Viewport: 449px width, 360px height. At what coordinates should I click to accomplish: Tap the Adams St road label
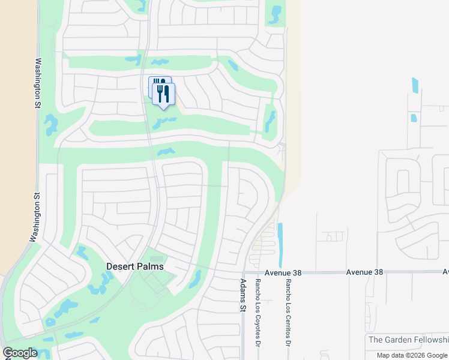243,295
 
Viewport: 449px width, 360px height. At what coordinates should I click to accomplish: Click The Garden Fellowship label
408,340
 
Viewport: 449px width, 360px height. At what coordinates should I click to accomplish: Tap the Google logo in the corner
20,353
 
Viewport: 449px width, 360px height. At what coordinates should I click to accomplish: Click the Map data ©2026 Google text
412,355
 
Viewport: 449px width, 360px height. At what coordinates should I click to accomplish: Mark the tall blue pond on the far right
415,85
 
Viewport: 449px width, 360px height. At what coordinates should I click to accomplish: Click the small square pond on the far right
414,118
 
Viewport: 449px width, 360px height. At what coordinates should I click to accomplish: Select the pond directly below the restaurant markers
163,122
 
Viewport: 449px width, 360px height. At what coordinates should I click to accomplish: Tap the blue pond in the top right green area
275,14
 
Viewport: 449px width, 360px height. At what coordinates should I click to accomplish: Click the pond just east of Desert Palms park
195,279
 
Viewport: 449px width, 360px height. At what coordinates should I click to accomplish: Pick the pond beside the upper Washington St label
51,124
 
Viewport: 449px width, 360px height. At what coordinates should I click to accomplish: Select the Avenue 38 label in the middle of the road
364,272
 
